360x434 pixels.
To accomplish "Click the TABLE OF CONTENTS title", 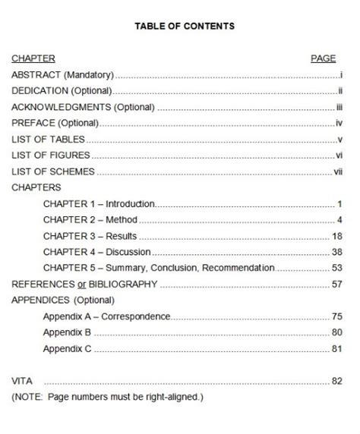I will [185, 26].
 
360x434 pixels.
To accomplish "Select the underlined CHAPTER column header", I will [33, 58].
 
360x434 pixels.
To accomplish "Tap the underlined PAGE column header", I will [324, 58].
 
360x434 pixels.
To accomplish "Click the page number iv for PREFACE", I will [340, 123].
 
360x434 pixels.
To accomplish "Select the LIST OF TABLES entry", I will [48, 140].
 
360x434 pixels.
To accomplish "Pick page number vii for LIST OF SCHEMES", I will [339, 171].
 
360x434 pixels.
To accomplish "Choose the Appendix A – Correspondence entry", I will [106, 316].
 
